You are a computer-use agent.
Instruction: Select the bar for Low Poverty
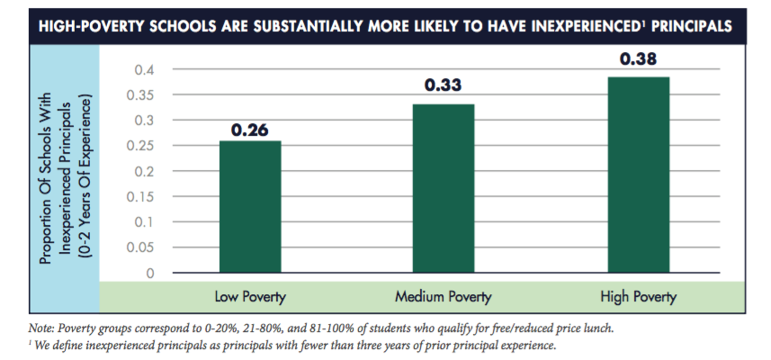point(249,206)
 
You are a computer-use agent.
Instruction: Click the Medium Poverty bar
point(444,188)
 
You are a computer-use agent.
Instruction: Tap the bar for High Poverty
point(638,175)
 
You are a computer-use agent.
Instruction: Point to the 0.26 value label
point(249,130)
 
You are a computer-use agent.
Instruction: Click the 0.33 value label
point(444,86)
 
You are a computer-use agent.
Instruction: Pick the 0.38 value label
point(638,60)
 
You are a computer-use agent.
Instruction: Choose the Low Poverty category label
point(249,296)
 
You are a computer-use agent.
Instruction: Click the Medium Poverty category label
point(444,296)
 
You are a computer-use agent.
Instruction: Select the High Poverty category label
point(638,296)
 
